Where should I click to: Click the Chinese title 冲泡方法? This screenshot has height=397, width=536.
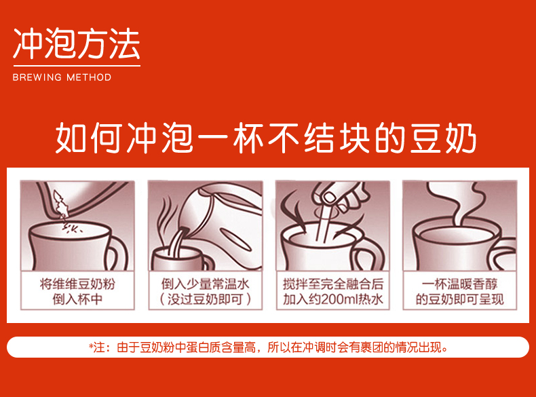(x=77, y=43)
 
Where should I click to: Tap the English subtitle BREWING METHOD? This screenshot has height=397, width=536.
(x=62, y=77)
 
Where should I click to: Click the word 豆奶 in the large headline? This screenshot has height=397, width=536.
(x=443, y=138)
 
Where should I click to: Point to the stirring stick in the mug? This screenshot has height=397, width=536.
(x=323, y=223)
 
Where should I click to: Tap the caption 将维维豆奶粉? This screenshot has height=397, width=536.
(x=77, y=284)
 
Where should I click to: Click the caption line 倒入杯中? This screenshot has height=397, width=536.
(x=77, y=299)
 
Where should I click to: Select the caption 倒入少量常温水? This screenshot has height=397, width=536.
(x=205, y=284)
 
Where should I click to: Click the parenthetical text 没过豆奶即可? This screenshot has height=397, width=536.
(x=205, y=299)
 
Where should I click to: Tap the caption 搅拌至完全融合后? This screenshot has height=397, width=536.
(x=332, y=284)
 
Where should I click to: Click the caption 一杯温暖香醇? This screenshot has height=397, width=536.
(x=460, y=284)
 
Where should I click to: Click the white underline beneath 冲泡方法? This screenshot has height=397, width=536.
(x=77, y=66)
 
